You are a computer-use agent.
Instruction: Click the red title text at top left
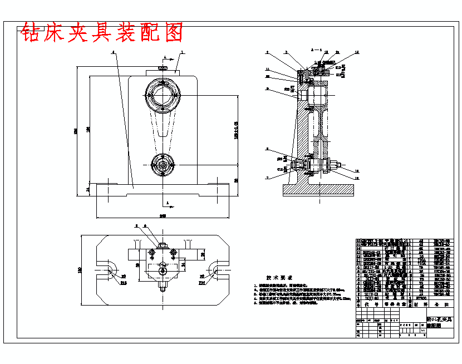[x=102, y=33]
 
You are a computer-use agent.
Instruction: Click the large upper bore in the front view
[x=162, y=96]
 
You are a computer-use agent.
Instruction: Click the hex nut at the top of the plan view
[x=162, y=245]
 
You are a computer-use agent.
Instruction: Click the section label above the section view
[x=316, y=50]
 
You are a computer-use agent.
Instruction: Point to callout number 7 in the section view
[x=267, y=177]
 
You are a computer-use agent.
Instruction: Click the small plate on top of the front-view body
[x=162, y=72]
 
